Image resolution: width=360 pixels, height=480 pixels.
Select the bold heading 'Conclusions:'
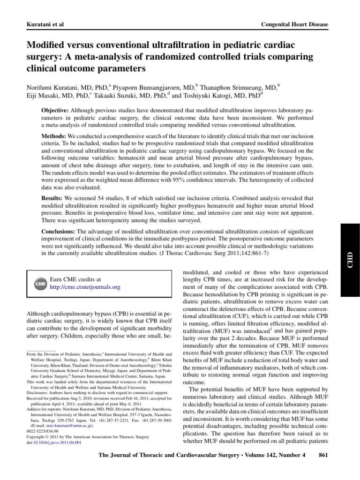[59, 232]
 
